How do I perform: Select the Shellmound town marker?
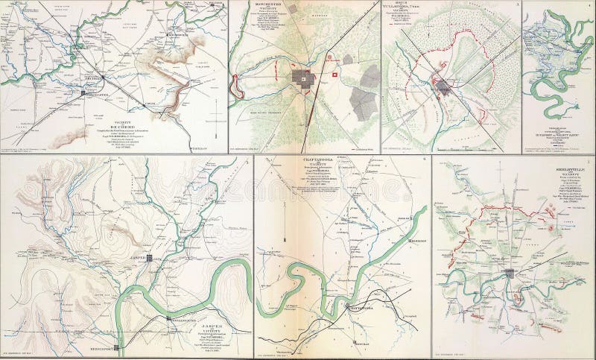(168, 318)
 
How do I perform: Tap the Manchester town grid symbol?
(302, 77)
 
